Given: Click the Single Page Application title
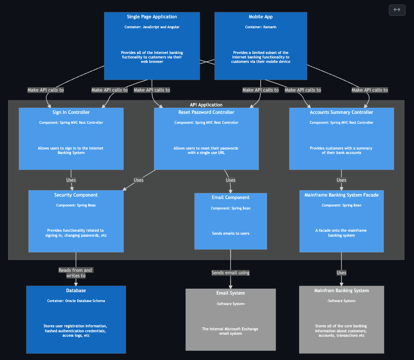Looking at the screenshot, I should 152,17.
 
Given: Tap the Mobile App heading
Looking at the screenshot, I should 261,17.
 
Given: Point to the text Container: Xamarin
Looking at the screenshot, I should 261,27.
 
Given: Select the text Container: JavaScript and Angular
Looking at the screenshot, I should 152,27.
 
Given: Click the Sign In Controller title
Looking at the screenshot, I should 71,112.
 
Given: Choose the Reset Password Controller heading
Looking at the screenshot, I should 206,112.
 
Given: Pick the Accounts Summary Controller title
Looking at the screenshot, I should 341,112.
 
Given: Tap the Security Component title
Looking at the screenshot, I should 76,195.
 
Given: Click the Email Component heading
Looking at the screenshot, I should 230,198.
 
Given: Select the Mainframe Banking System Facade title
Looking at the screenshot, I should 341,195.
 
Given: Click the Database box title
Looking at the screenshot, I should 76,291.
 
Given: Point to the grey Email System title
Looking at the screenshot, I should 230,293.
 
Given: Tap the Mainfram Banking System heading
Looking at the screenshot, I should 341,291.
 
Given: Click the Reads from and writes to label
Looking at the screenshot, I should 75,273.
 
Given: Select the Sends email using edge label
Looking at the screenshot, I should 230,273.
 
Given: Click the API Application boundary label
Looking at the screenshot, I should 206,105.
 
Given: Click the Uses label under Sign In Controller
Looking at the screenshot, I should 71,180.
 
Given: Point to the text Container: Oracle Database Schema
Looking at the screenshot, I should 76,301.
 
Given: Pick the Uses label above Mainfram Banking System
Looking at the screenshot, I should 341,273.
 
